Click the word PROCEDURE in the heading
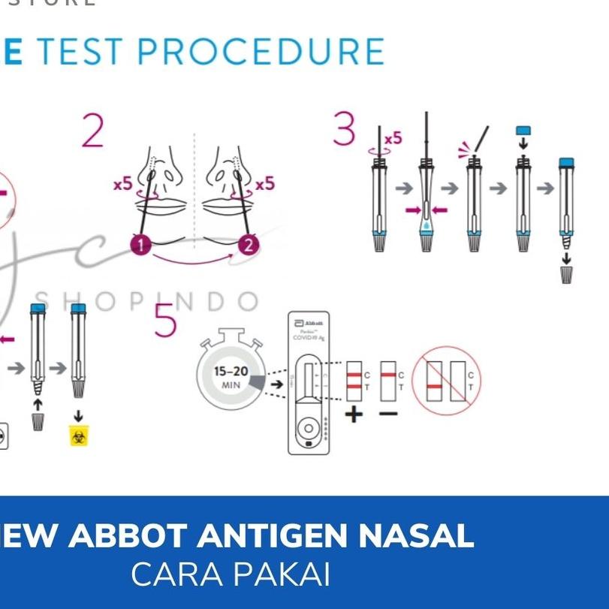261,51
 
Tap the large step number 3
345,129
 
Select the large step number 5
165,321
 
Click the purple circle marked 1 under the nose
140,244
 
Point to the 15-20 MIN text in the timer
231,377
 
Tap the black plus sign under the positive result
354,414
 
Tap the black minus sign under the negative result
388,414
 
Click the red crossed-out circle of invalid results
446,381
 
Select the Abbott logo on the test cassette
309,321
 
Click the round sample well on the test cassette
309,429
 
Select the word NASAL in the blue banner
417,536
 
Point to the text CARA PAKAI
231,574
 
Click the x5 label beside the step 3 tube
393,138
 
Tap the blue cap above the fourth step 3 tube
523,131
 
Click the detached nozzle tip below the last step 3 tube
566,274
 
